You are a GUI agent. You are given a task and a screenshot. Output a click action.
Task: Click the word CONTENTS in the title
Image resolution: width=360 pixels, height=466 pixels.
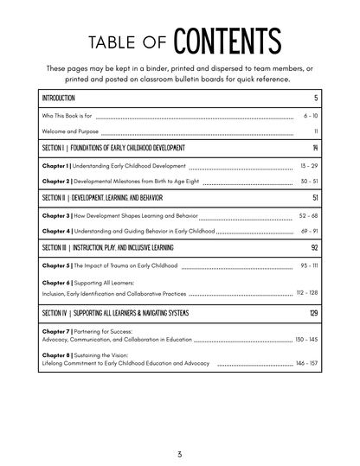(x=228, y=41)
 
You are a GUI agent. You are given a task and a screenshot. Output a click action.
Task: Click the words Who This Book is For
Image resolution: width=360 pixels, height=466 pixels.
(x=67, y=115)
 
